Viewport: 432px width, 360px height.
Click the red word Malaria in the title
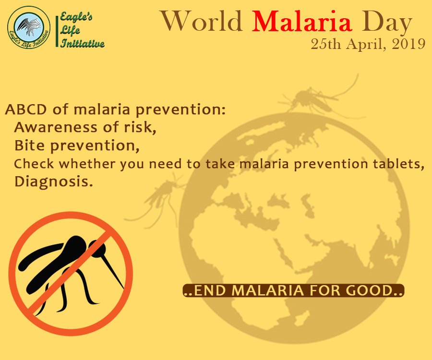302,21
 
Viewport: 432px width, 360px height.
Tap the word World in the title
202,21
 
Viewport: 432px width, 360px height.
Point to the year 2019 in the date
409,44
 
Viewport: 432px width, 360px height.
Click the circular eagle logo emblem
29,27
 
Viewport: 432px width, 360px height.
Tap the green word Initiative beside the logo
83,43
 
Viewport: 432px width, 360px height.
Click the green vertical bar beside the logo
57,31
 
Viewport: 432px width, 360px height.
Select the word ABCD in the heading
26,109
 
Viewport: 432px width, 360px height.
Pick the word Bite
29,145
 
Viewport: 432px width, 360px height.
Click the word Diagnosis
54,182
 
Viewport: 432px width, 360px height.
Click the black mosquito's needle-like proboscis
114,271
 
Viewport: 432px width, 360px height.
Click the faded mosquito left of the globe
160,198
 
